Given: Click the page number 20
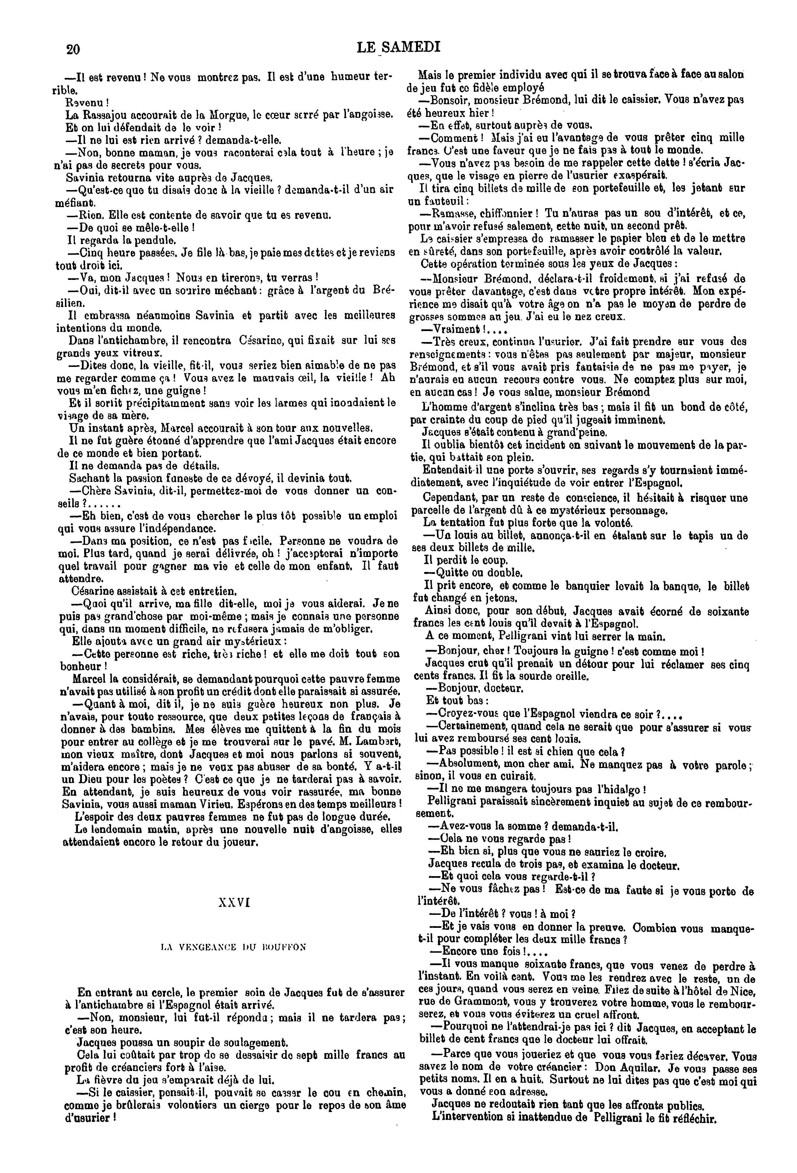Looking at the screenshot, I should [73, 49].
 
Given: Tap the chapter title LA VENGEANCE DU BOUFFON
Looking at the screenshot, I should [233, 947].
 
